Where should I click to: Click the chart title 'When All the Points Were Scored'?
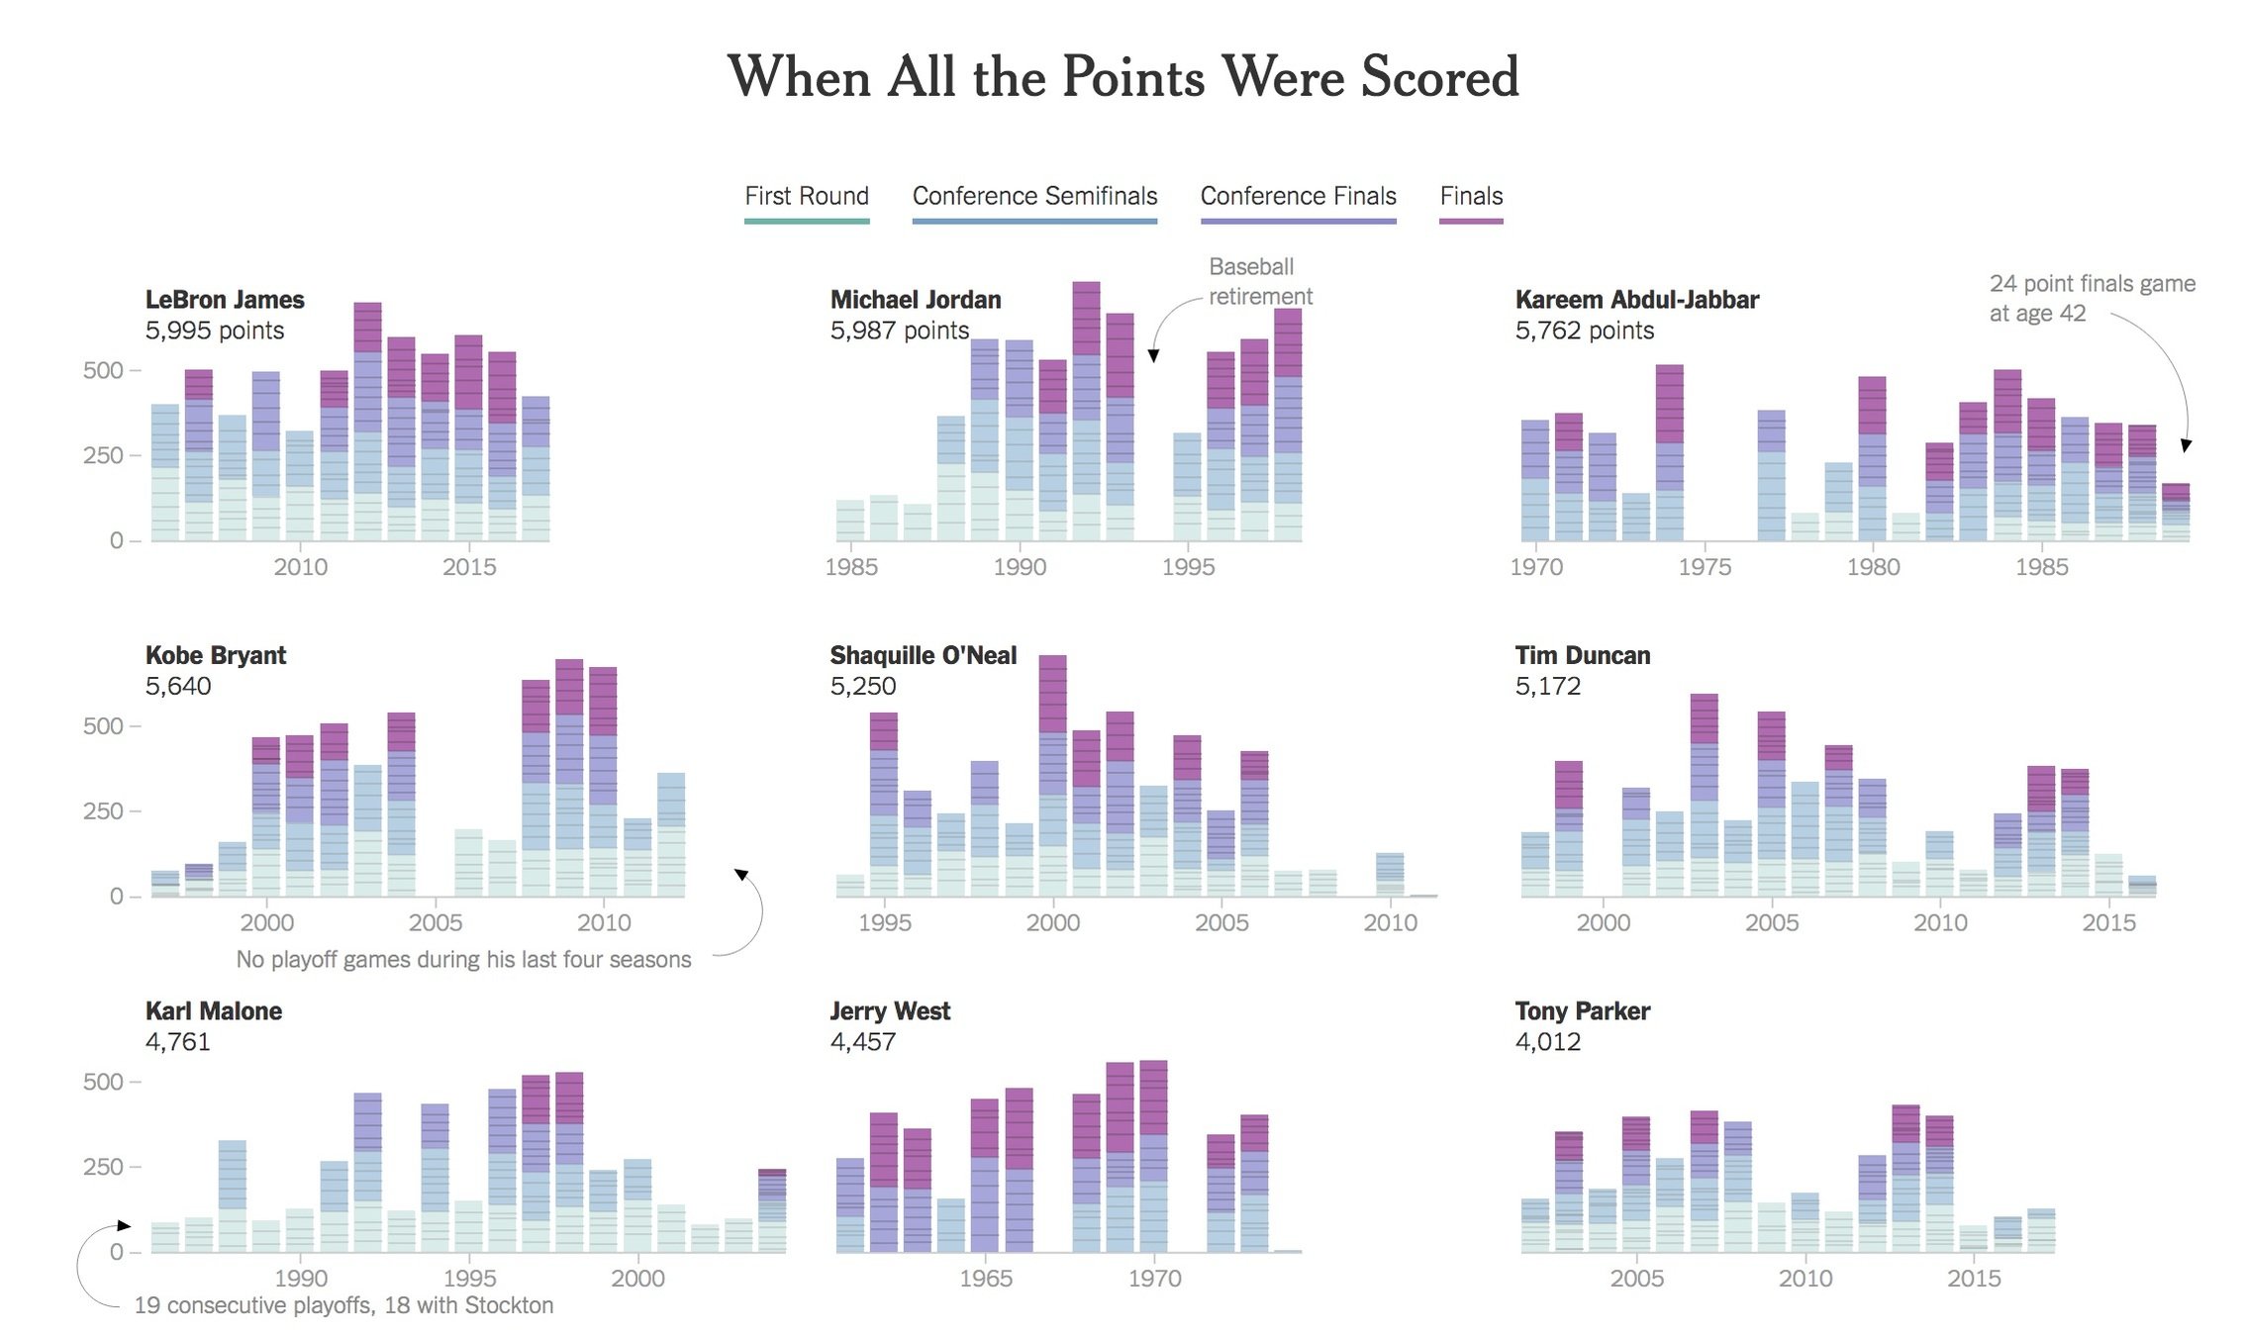coord(1122,77)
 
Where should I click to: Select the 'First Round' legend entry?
coord(807,196)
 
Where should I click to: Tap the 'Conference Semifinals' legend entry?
coord(1034,196)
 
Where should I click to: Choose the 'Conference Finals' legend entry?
coord(1298,196)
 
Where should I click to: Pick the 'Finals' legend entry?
coord(1471,196)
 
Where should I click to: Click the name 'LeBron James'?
coord(225,300)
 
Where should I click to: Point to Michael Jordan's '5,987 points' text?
coord(899,331)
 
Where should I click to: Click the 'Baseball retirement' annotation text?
coord(1259,282)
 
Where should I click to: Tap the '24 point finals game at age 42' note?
coord(2091,298)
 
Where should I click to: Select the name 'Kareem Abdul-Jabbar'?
coord(1636,300)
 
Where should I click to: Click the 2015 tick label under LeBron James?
coord(469,567)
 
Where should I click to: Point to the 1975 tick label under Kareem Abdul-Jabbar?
coord(1705,567)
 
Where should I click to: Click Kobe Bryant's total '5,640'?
coord(178,686)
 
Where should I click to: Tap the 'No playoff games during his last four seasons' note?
coord(463,959)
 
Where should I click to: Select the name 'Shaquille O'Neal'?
coord(923,655)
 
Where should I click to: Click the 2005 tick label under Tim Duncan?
coord(1772,922)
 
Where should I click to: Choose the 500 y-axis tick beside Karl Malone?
coord(103,1082)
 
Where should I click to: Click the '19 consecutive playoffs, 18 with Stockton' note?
coord(343,1305)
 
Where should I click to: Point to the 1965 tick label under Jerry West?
coord(986,1278)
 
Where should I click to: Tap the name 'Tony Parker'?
coord(1582,1011)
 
